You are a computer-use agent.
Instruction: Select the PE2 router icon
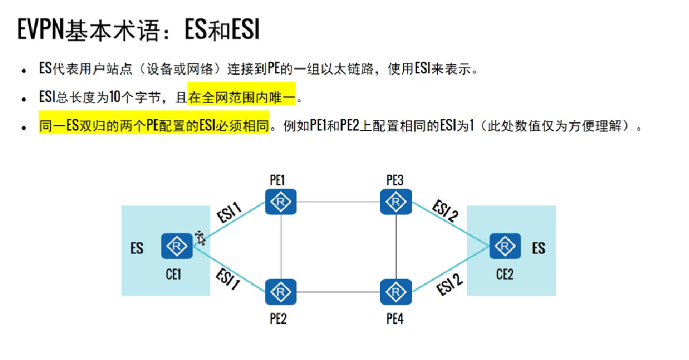(x=281, y=292)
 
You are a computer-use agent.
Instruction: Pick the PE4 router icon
(x=396, y=292)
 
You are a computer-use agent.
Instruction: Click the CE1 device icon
(x=177, y=246)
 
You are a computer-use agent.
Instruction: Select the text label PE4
(x=395, y=319)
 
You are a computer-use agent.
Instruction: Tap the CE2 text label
(x=504, y=275)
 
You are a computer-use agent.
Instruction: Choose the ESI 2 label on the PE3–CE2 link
(x=444, y=212)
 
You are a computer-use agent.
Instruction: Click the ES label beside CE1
(x=137, y=248)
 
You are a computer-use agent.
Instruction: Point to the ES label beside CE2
(x=538, y=248)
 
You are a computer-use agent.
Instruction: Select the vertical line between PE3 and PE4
(x=396, y=246)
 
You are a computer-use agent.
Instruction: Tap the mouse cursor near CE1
(x=200, y=237)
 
